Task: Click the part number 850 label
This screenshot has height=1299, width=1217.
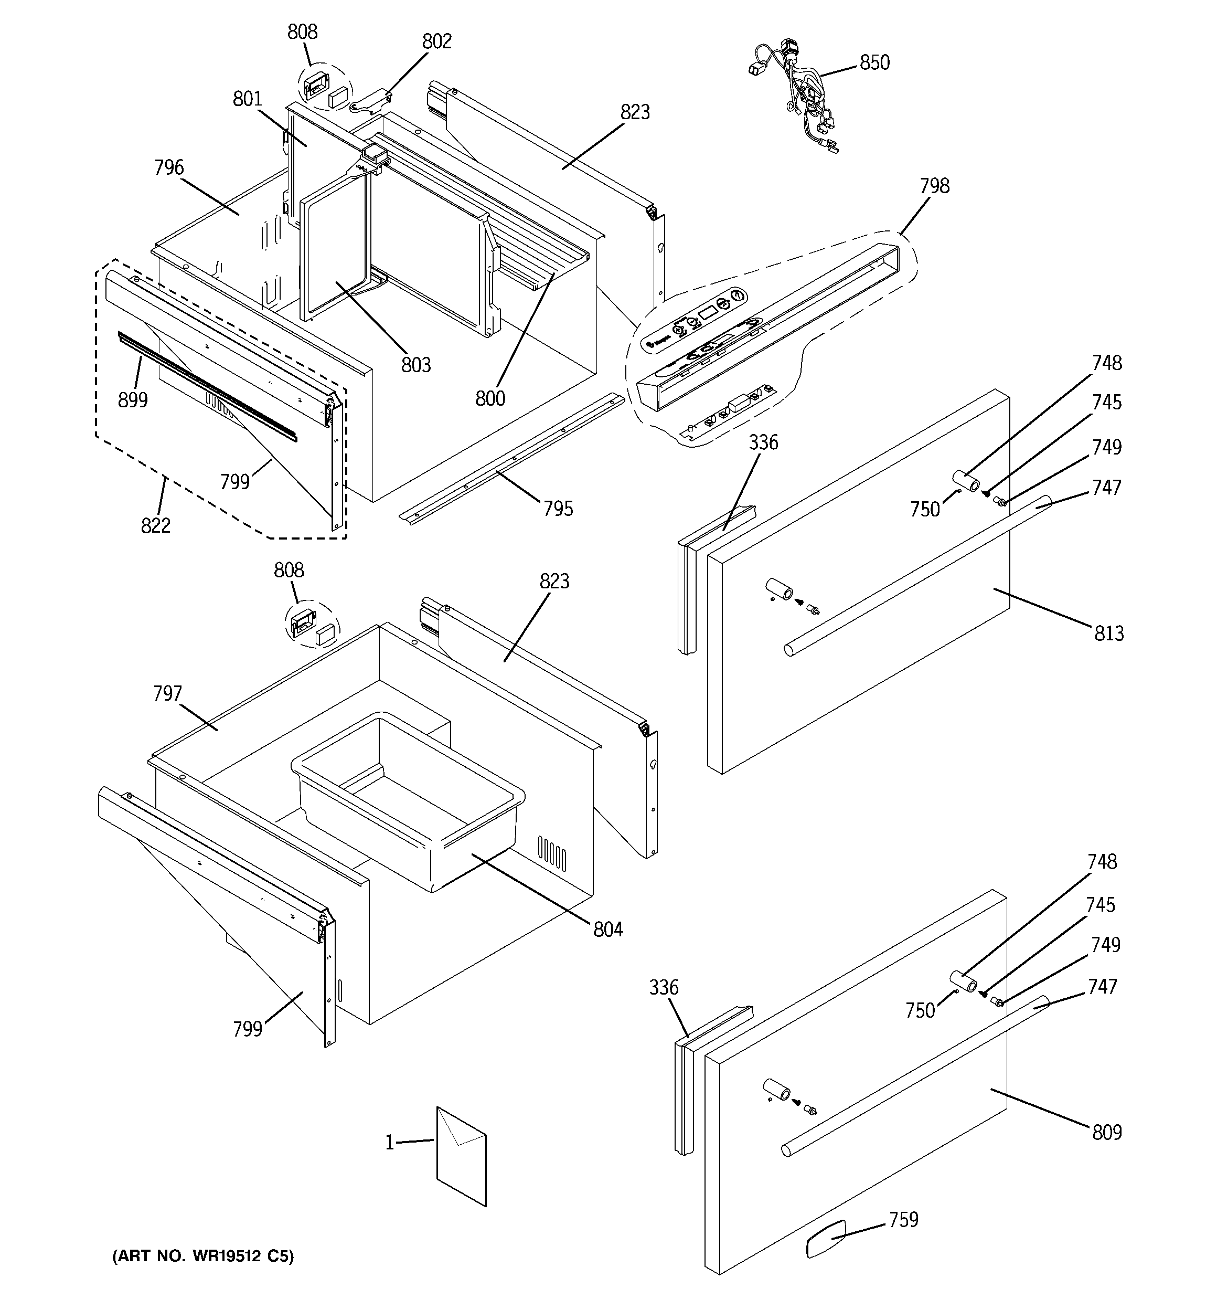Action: [x=874, y=63]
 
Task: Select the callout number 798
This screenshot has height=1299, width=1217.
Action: [x=934, y=186]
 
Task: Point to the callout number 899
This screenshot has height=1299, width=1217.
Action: [x=133, y=400]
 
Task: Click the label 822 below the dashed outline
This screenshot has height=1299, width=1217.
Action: [x=155, y=525]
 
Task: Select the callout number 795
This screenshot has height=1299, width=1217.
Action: [x=559, y=509]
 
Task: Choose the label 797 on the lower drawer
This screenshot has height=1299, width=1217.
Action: [x=167, y=693]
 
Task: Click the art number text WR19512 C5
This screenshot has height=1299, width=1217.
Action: [x=203, y=1256]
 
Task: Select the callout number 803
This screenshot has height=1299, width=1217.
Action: [x=416, y=365]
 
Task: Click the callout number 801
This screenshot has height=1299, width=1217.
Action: [x=248, y=99]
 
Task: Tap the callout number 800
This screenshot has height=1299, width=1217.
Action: [x=490, y=398]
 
